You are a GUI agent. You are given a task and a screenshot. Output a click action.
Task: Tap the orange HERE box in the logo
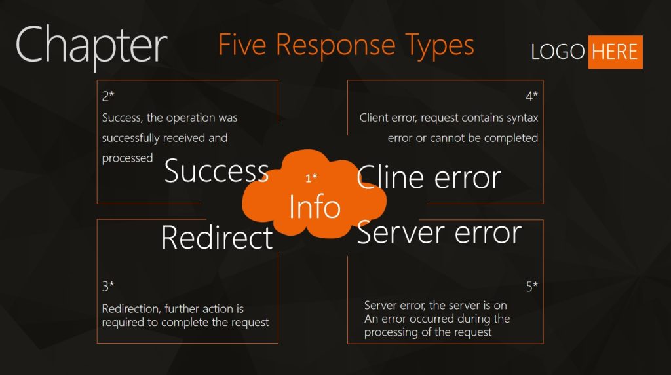tap(615, 52)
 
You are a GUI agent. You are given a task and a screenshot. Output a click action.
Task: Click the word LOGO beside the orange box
tap(558, 52)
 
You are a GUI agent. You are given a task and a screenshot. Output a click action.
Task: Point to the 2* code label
tap(108, 96)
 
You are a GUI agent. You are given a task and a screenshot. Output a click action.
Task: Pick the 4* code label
tap(531, 96)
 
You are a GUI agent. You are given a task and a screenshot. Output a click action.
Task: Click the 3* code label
tap(108, 285)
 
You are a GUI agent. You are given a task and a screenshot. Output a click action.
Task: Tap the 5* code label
tap(531, 286)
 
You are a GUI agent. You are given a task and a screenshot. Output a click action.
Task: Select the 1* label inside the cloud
tap(311, 178)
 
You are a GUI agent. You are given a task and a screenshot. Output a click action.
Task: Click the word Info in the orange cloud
tap(315, 207)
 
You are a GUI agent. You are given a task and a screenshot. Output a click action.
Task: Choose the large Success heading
tap(216, 171)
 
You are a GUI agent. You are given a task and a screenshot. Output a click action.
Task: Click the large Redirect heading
tap(217, 237)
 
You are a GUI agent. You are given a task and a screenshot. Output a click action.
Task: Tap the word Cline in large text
tap(391, 178)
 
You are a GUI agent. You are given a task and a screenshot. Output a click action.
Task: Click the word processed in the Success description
tap(127, 158)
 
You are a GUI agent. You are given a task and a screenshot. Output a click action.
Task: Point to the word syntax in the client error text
tap(522, 118)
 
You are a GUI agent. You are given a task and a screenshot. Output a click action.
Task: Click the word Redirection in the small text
tap(132, 308)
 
